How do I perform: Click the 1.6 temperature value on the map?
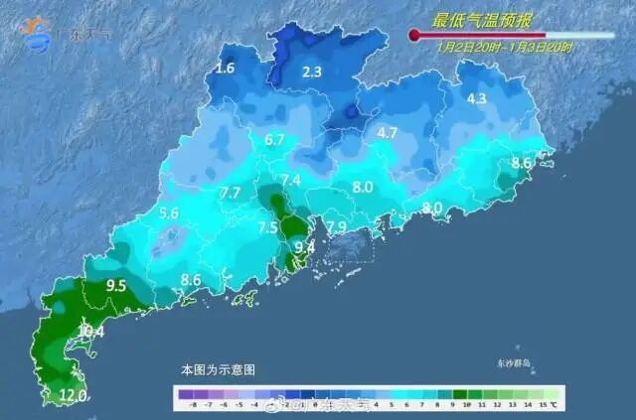pos(226,69)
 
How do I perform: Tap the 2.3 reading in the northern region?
pos(312,71)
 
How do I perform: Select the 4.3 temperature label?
pos(476,98)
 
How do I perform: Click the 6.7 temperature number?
pos(275,140)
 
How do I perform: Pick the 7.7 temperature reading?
pos(231,193)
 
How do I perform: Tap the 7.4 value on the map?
pos(291,181)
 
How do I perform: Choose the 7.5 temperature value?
pos(268,228)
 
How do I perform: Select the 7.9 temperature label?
pos(337,227)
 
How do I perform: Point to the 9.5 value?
pos(116,286)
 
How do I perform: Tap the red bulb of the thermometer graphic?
pos(414,35)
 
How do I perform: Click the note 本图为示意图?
pos(218,368)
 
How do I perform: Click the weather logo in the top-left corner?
pos(38,33)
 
